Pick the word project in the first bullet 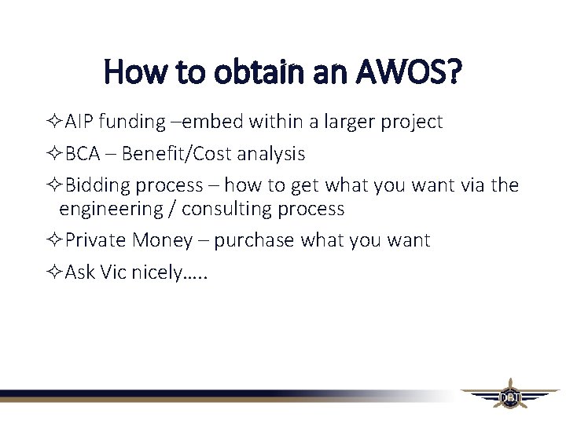point(413,122)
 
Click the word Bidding point(97,186)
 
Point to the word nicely point(156,272)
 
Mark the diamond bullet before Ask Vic point(53,272)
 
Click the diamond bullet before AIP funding point(53,122)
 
